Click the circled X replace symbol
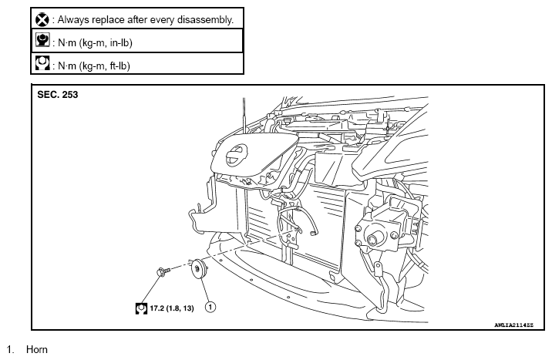(42, 19)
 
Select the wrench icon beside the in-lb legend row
(42, 39)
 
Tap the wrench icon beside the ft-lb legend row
(42, 62)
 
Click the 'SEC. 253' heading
(58, 95)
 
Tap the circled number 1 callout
(210, 308)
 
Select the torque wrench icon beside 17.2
(141, 308)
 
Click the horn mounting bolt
(163, 271)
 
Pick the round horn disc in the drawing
(199, 269)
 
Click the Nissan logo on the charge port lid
(236, 155)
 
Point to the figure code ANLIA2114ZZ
(513, 325)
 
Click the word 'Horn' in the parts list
(36, 349)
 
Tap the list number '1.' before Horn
(10, 349)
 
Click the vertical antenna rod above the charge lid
(244, 116)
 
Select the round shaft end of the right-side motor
(372, 240)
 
